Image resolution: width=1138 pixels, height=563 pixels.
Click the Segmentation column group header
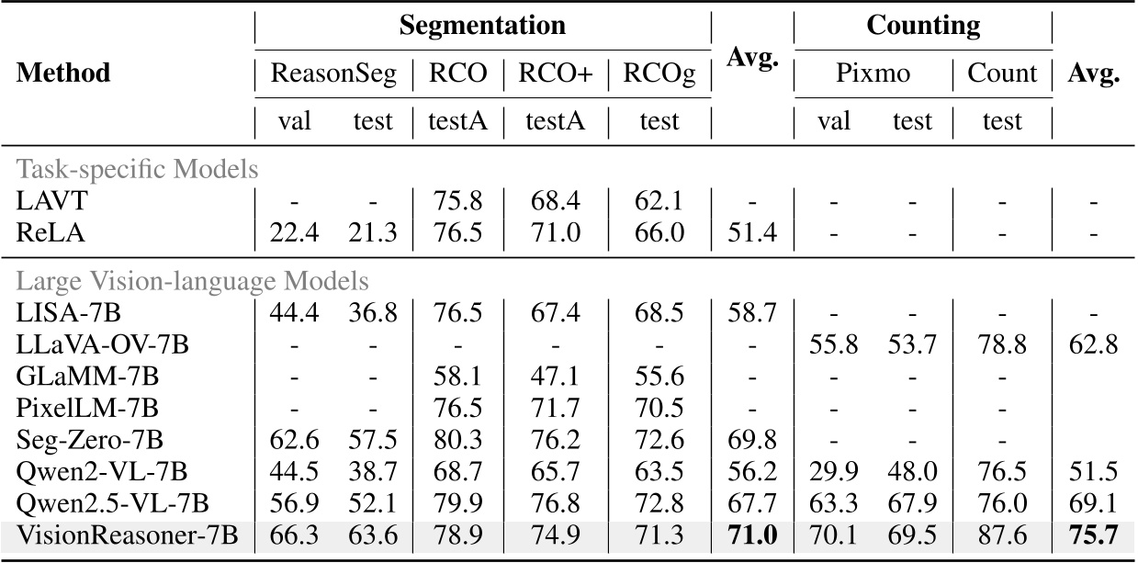click(482, 25)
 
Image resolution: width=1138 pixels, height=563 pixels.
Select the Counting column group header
click(922, 25)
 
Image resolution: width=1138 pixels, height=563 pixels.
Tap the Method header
click(63, 73)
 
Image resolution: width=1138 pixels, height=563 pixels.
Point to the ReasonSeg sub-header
click(332, 73)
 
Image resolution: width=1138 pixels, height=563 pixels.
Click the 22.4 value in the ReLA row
click(293, 232)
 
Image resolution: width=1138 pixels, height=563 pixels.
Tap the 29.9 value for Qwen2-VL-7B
click(833, 473)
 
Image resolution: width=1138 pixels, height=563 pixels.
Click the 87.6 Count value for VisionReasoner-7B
click(1002, 535)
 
